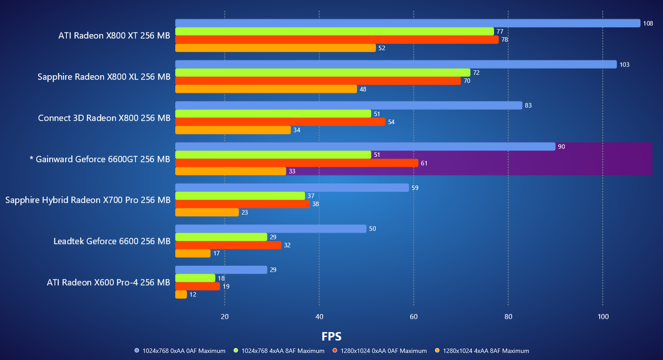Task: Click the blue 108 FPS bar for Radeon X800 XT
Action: click(407, 23)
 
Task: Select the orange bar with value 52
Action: click(275, 48)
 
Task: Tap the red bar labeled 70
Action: click(318, 81)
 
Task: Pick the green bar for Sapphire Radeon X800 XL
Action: click(323, 73)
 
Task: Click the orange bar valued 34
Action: click(233, 130)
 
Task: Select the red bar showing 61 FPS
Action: click(297, 163)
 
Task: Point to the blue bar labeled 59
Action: click(292, 188)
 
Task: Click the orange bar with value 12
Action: click(181, 294)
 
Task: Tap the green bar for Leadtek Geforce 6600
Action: click(221, 237)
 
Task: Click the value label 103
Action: click(624, 65)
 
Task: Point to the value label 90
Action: click(561, 147)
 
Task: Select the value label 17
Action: click(216, 253)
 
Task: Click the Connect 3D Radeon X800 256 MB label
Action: click(104, 118)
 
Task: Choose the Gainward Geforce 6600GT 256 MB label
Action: click(100, 159)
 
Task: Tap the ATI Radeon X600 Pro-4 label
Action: click(108, 282)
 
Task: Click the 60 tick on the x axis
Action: click(413, 317)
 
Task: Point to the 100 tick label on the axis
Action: click(603, 317)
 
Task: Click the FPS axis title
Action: click(331, 337)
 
